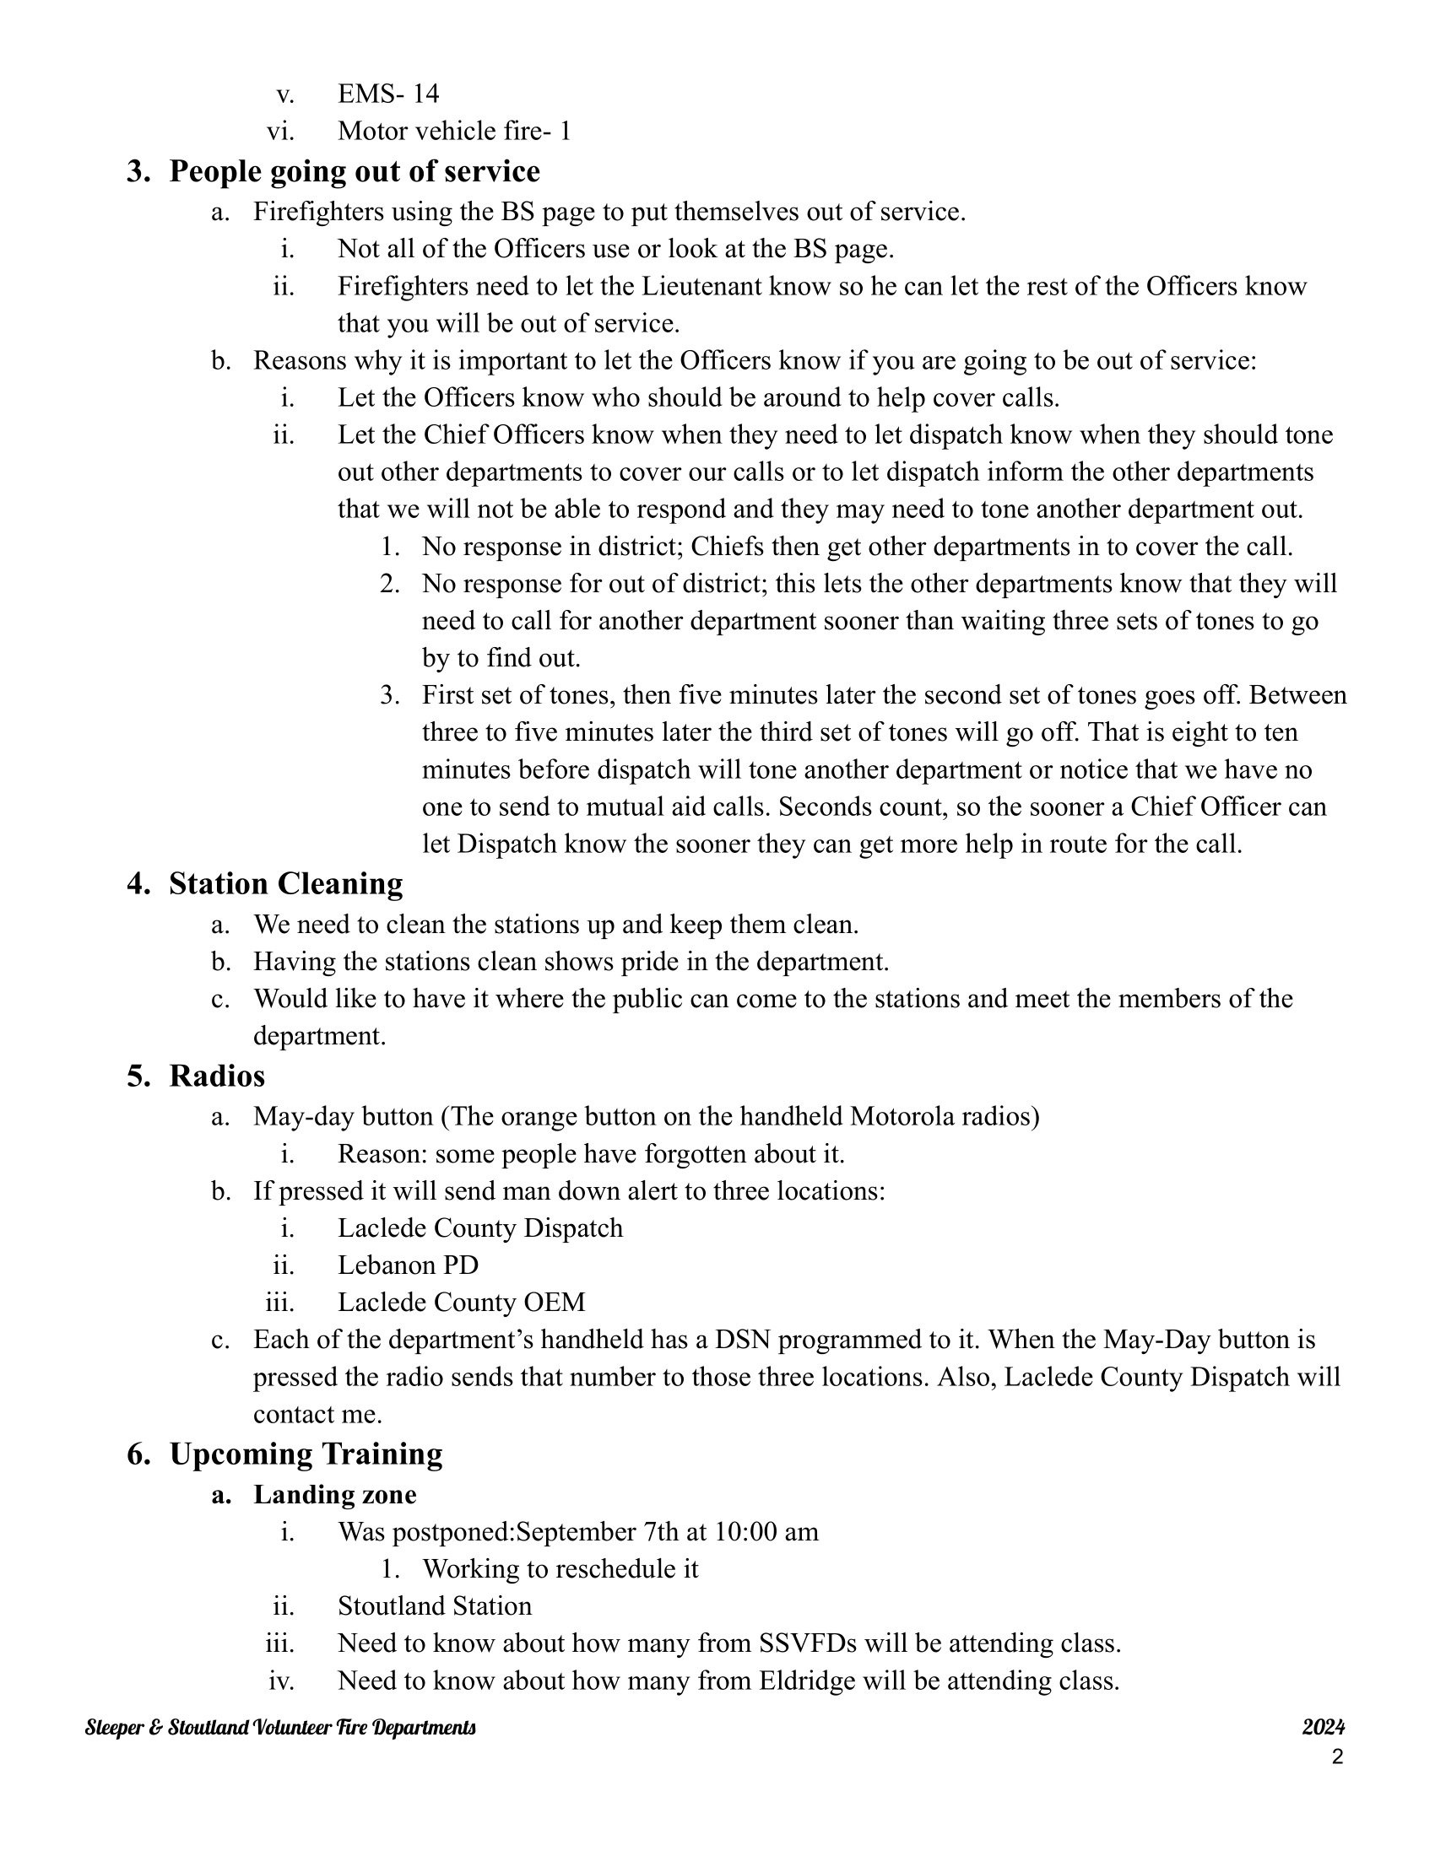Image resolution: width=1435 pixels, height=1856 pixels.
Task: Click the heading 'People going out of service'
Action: (354, 171)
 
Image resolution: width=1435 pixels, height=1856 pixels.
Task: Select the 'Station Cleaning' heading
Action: (285, 884)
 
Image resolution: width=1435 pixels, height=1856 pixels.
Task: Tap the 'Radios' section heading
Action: (217, 1076)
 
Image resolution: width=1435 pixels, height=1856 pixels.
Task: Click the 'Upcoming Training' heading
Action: (306, 1454)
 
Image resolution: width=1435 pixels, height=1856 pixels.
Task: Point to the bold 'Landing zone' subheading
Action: (335, 1494)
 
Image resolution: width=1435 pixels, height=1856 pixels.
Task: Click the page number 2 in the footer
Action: (1337, 1756)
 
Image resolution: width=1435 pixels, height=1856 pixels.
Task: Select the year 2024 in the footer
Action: (1323, 1727)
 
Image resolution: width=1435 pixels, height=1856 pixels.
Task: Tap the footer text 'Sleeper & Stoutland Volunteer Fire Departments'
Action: (280, 1728)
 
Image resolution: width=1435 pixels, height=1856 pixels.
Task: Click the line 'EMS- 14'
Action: (388, 94)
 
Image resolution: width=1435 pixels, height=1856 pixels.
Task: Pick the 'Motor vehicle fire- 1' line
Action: (454, 131)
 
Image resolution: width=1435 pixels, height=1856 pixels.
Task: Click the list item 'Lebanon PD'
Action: (408, 1265)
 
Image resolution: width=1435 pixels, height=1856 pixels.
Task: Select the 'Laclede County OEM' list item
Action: (461, 1302)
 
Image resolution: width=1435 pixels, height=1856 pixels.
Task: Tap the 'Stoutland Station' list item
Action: (435, 1605)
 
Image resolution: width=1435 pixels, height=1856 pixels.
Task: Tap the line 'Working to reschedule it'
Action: (560, 1568)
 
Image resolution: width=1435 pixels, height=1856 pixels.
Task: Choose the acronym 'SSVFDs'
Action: (806, 1643)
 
